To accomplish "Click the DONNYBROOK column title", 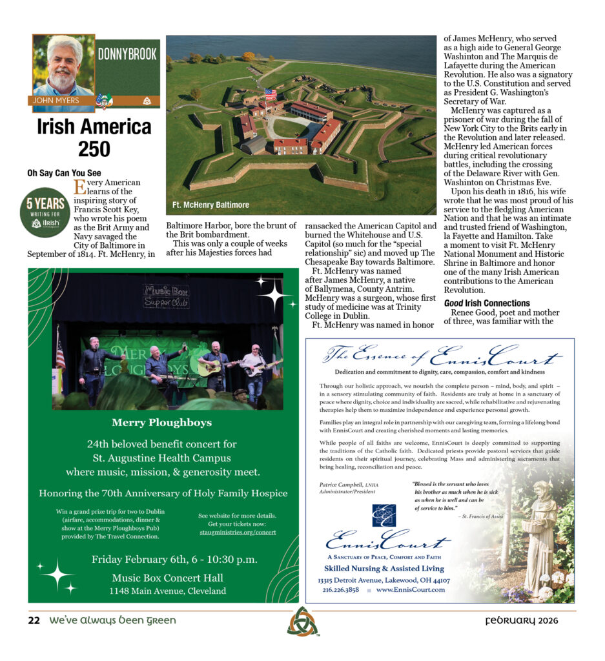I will [x=127, y=55].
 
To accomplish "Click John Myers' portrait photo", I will [x=63, y=65].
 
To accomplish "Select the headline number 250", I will [x=94, y=150].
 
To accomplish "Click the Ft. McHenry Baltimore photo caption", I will [x=210, y=205].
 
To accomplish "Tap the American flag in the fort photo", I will [x=270, y=94].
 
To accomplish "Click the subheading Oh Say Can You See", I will [x=64, y=173].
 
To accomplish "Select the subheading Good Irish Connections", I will [x=487, y=303].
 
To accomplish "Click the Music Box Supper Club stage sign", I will [x=166, y=296].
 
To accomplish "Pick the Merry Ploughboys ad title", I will [x=161, y=423].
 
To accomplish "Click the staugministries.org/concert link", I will [x=237, y=532].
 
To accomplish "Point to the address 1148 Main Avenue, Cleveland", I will [x=167, y=591].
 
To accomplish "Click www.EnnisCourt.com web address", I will [x=411, y=589].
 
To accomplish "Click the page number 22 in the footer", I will [x=34, y=621].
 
